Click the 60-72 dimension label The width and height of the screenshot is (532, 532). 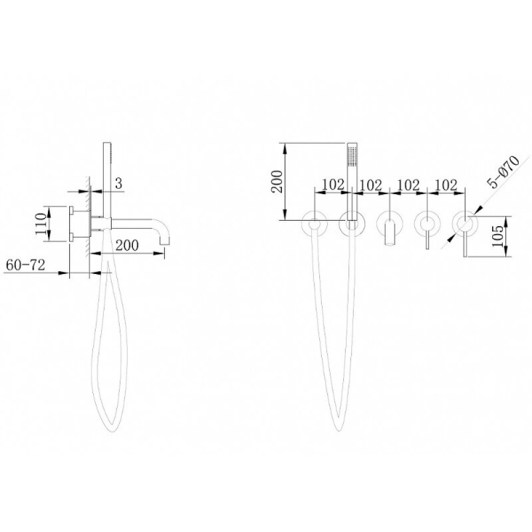coord(26,265)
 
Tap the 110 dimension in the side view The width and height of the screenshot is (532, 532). coord(41,223)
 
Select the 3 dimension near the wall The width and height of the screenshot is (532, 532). coord(118,184)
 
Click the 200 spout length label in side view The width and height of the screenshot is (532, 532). coord(127,245)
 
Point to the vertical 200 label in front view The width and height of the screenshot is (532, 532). coord(278,182)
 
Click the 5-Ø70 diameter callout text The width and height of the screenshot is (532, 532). coord(503,172)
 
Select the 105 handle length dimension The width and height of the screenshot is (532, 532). coord(497,237)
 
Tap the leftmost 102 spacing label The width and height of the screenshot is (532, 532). coord(333,185)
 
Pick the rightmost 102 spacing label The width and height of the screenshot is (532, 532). coord(446,186)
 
